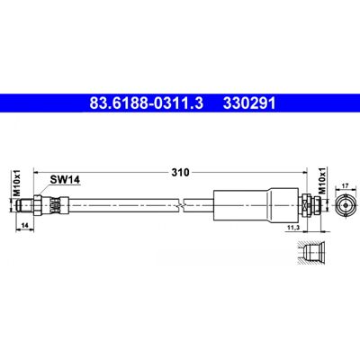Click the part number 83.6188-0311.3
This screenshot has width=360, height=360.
click(x=147, y=103)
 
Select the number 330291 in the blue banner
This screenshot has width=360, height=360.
click(x=249, y=103)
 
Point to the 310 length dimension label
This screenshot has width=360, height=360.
click(x=180, y=173)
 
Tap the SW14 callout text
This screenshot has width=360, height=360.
click(x=65, y=180)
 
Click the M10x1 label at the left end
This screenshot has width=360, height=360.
click(x=17, y=183)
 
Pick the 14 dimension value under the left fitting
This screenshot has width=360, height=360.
click(x=24, y=226)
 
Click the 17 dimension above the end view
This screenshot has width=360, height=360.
click(x=346, y=186)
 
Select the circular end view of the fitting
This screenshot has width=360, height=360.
click(x=346, y=205)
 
